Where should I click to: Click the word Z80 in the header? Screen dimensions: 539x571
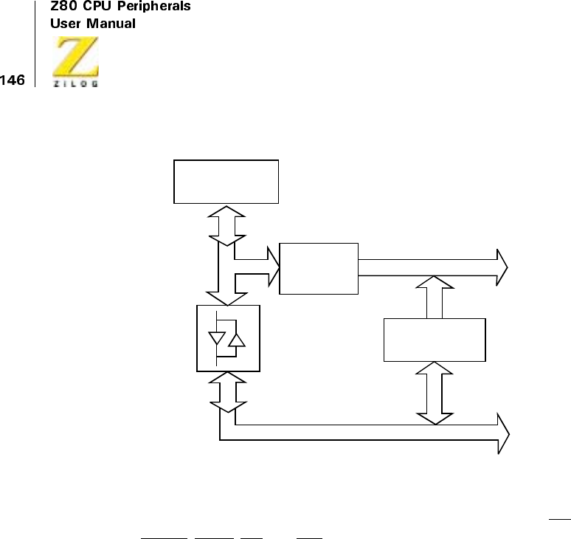pos(63,7)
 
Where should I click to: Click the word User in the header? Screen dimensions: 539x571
pos(62,24)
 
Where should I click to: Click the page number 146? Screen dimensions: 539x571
pos(13,79)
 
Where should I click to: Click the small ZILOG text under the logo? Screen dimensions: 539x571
pos(75,83)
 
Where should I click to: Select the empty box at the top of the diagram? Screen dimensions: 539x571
pos(226,181)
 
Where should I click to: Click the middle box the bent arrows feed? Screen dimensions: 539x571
pos(319,268)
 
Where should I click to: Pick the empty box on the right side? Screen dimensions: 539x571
pos(435,340)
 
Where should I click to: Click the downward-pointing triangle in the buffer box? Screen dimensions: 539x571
pos(218,339)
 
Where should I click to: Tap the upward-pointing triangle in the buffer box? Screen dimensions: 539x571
pos(237,339)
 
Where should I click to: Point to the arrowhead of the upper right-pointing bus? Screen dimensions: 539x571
pos(502,267)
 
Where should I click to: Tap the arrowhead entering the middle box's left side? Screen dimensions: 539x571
pos(274,267)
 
